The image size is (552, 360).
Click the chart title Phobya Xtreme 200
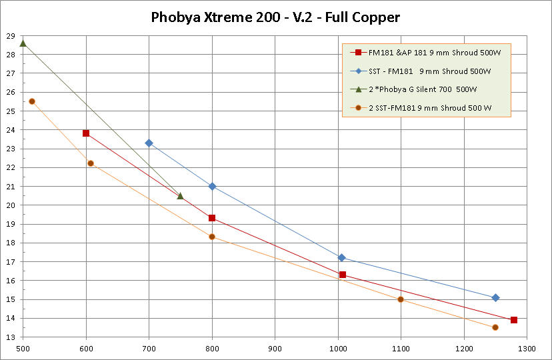[x=275, y=17]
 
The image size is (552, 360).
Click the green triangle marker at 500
[x=23, y=43]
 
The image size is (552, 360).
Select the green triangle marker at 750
[x=180, y=196]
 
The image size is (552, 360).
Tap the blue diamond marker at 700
[x=149, y=143]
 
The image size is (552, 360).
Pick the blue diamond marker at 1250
[x=495, y=297]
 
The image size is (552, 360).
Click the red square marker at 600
[x=86, y=133]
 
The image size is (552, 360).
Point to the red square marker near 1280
[x=514, y=320]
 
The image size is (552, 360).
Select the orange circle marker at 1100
[x=401, y=299]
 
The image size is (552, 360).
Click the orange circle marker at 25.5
[x=31, y=101]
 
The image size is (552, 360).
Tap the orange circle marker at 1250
[x=495, y=327]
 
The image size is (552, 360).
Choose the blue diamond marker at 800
[x=212, y=187]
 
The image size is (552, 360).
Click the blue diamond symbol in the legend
[x=358, y=71]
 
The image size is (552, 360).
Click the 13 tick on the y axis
[x=11, y=338]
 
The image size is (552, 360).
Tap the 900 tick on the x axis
[x=275, y=349]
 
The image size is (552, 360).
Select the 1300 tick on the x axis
[x=526, y=349]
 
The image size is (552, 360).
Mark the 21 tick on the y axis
[x=11, y=187]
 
